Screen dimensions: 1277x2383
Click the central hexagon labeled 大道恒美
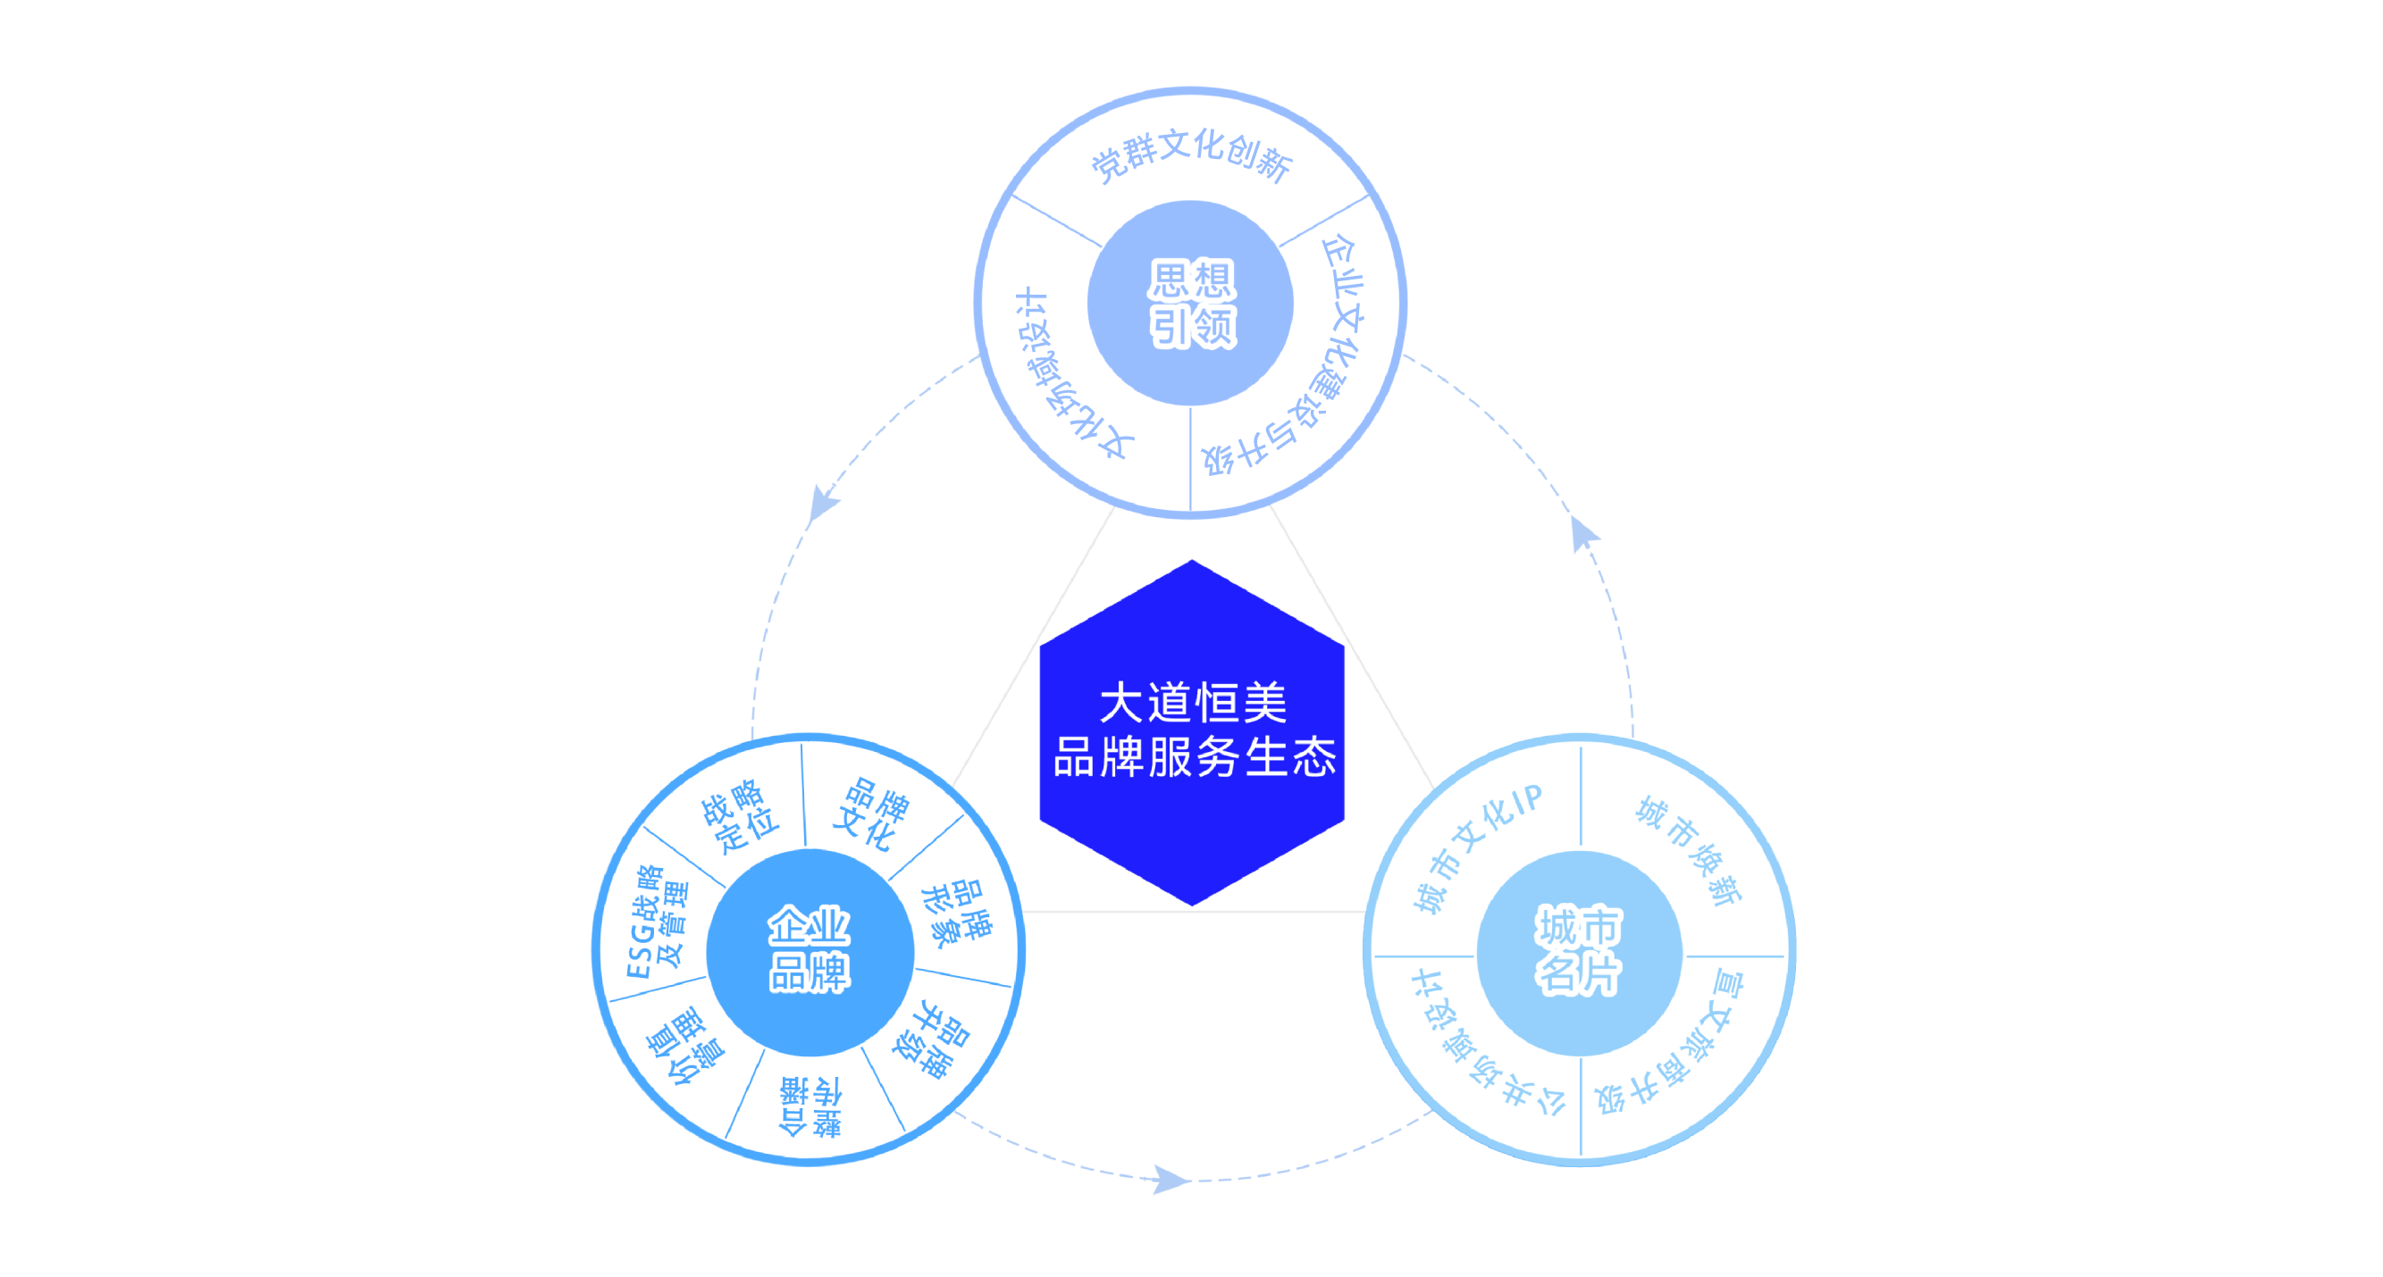pyautogui.click(x=1192, y=731)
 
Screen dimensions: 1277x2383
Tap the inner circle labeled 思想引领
pyautogui.click(x=1190, y=303)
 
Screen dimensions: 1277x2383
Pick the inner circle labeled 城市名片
pyautogui.click(x=1579, y=952)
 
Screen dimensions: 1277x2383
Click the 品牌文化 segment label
pyautogui.click(x=870, y=813)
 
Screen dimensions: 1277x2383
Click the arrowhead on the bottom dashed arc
pyautogui.click(x=1171, y=1180)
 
